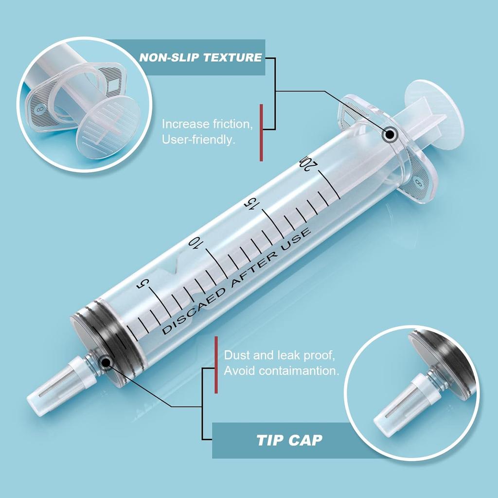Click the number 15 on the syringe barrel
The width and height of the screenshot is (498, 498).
pyautogui.click(x=251, y=204)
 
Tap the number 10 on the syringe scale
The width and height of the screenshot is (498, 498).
pyautogui.click(x=196, y=243)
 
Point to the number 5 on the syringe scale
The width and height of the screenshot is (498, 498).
pyautogui.click(x=142, y=284)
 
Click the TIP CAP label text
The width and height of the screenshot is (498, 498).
pyautogui.click(x=289, y=441)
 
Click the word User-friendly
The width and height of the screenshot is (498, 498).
pyautogui.click(x=198, y=140)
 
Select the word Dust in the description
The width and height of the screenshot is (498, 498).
pyautogui.click(x=235, y=356)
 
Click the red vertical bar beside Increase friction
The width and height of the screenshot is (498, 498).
pyautogui.click(x=261, y=132)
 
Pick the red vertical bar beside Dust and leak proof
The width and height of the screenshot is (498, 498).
pyautogui.click(x=216, y=364)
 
